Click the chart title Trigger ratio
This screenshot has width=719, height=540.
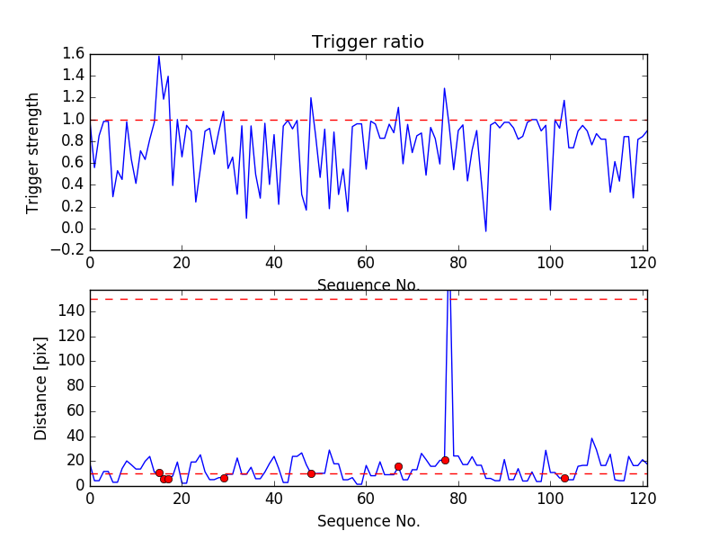[368, 42]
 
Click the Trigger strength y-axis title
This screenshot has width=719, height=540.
[34, 152]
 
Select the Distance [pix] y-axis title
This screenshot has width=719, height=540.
[40, 388]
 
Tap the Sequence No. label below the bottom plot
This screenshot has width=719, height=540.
[368, 521]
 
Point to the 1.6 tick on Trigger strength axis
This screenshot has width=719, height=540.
[74, 54]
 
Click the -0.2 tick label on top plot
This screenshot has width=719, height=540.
[71, 250]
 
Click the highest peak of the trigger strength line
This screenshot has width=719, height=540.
[159, 56]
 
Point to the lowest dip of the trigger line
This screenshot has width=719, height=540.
[486, 231]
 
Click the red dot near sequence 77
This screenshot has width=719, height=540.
[445, 460]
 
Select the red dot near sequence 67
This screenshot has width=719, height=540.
[398, 466]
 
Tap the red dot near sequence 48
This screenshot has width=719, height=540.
[311, 473]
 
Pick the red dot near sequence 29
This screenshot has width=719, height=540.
[224, 478]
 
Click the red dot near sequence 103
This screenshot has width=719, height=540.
[564, 478]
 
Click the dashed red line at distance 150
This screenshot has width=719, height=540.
[270, 299]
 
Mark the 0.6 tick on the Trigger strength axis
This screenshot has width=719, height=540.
[74, 163]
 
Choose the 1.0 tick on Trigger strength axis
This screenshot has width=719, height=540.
[74, 120]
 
